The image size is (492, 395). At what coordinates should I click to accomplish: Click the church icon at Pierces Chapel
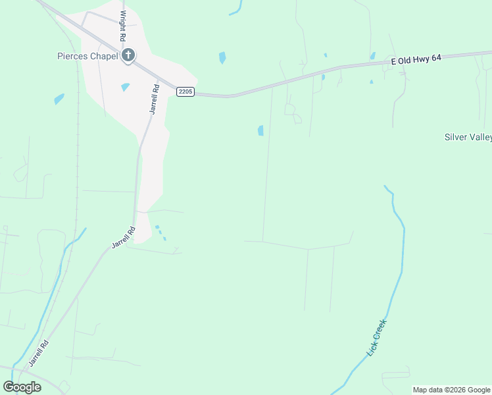tap(128, 56)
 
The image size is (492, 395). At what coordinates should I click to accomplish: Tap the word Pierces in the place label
tap(73, 57)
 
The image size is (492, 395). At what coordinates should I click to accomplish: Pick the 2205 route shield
tap(185, 92)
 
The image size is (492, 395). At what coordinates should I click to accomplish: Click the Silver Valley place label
tap(468, 137)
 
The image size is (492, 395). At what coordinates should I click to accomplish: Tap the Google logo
tap(22, 386)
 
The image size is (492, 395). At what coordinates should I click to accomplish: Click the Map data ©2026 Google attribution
tap(452, 390)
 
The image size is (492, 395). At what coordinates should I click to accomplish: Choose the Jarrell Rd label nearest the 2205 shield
tap(154, 99)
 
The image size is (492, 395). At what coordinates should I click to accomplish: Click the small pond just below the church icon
tap(125, 87)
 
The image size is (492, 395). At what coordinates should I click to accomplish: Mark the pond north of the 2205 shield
tap(222, 58)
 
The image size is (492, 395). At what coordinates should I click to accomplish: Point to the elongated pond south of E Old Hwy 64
tap(261, 130)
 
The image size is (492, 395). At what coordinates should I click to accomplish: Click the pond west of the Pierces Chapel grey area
tap(59, 99)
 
